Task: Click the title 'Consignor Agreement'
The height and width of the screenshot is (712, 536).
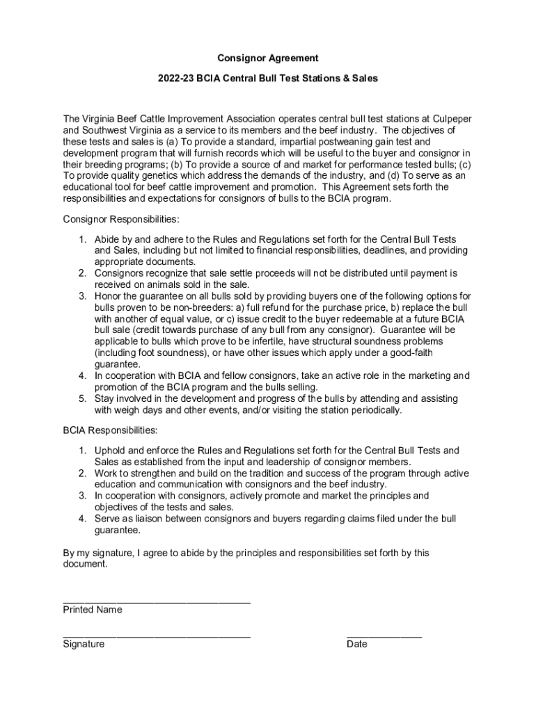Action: coord(267,58)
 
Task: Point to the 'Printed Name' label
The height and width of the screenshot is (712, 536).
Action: coord(93,610)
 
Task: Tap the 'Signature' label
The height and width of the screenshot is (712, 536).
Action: coord(84,644)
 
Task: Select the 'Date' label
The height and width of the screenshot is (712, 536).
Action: coord(356,644)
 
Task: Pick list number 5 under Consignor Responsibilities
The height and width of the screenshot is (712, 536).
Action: coord(81,398)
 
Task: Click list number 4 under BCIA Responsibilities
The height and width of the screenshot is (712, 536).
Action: coord(81,518)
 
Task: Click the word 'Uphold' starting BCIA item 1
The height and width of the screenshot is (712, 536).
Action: coord(109,451)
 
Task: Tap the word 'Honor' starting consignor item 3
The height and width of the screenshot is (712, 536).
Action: coord(108,296)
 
